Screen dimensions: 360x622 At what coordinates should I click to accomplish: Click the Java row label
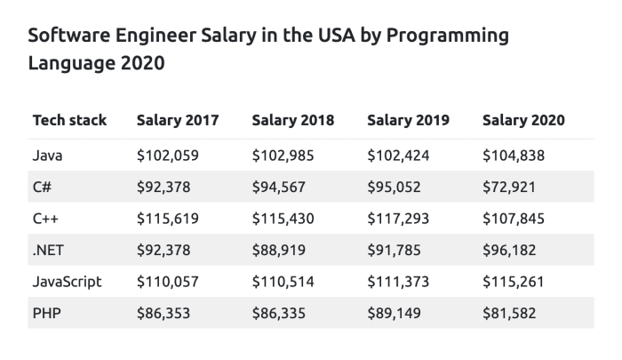point(47,156)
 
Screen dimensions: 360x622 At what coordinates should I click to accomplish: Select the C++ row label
point(45,219)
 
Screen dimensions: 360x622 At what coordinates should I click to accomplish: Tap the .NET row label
point(48,250)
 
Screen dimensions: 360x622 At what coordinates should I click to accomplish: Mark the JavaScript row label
point(68,282)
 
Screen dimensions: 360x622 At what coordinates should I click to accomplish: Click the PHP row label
point(46,313)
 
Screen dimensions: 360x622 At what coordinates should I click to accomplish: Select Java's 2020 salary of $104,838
point(514,156)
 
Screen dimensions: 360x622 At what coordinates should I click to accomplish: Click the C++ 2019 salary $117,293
point(398,219)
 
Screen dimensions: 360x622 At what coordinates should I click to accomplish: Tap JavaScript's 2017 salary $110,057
point(168,282)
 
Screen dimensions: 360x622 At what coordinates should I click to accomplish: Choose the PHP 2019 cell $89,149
point(395,313)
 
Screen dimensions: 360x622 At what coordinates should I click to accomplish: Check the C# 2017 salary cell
point(163,187)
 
